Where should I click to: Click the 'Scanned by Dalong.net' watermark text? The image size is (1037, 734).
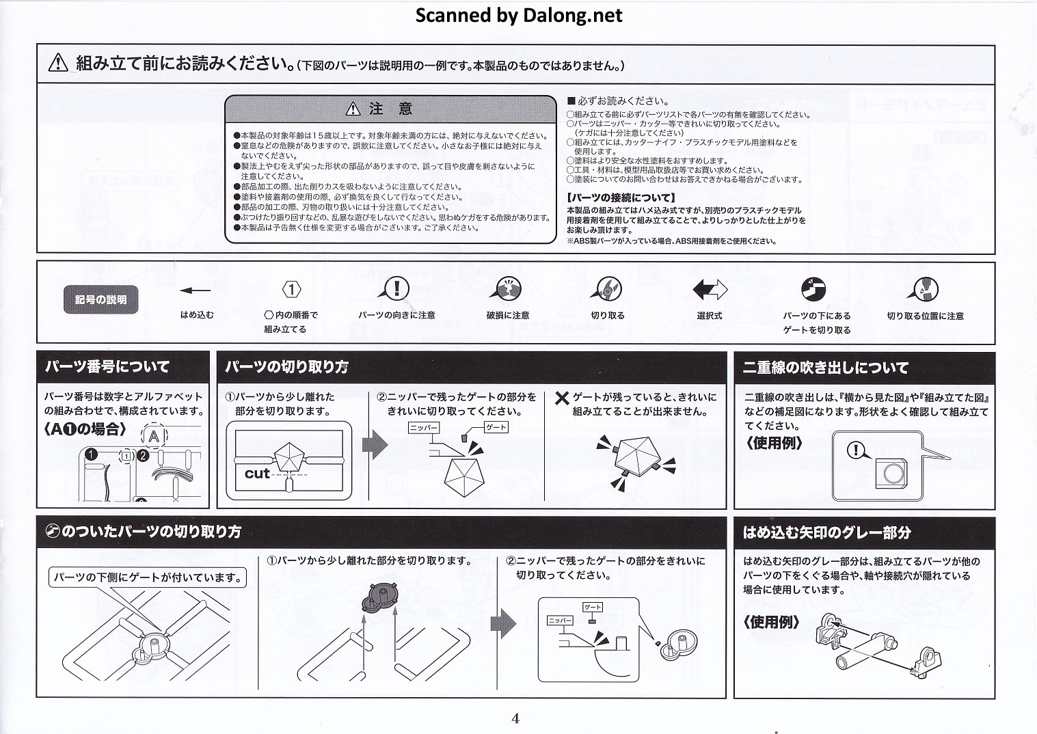(518, 15)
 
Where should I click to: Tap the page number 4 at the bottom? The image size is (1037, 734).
(515, 718)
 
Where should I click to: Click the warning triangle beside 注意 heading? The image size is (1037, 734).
(352, 109)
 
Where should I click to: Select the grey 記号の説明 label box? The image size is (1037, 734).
(100, 300)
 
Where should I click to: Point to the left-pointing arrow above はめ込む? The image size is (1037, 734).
(196, 290)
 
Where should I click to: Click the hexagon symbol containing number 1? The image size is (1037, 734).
(291, 290)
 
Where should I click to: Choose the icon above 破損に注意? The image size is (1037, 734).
(507, 289)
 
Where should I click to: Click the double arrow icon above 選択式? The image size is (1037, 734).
(710, 290)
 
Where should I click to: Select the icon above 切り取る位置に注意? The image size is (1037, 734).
(924, 289)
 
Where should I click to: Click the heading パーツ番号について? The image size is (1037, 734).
(107, 367)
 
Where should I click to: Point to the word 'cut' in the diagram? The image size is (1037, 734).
(257, 473)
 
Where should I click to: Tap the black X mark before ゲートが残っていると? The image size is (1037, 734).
(562, 398)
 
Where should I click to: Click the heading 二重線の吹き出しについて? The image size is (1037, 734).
(826, 368)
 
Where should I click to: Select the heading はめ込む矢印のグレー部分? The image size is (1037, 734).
(827, 532)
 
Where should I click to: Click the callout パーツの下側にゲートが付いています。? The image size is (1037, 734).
(148, 577)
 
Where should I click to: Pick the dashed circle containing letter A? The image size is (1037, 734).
(154, 436)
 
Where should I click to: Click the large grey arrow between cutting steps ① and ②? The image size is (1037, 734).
(374, 446)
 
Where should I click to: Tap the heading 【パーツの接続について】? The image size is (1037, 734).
(621, 198)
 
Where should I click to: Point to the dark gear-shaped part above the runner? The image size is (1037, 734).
(381, 597)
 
